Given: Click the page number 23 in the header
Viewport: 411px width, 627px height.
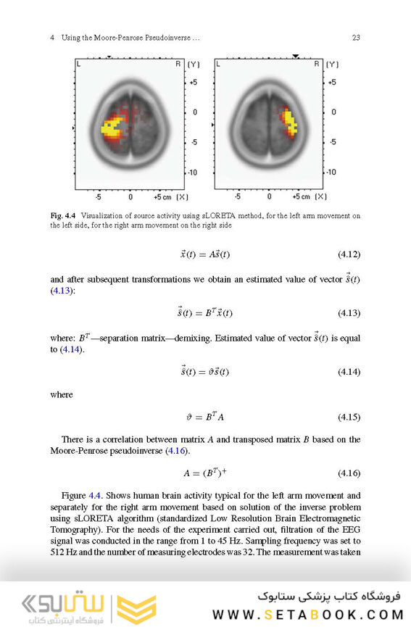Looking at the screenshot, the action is point(356,38).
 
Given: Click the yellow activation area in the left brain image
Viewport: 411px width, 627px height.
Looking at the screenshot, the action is point(112,129).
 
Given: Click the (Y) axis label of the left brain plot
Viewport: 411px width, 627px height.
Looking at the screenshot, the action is point(193,65).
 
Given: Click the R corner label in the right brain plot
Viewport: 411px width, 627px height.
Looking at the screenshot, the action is point(316,65).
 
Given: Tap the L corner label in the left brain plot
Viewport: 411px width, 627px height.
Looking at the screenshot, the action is point(79,65).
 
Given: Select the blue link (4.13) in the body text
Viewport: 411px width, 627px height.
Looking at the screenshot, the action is point(61,291).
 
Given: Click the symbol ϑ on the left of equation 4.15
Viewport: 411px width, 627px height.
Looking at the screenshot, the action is point(190,418).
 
